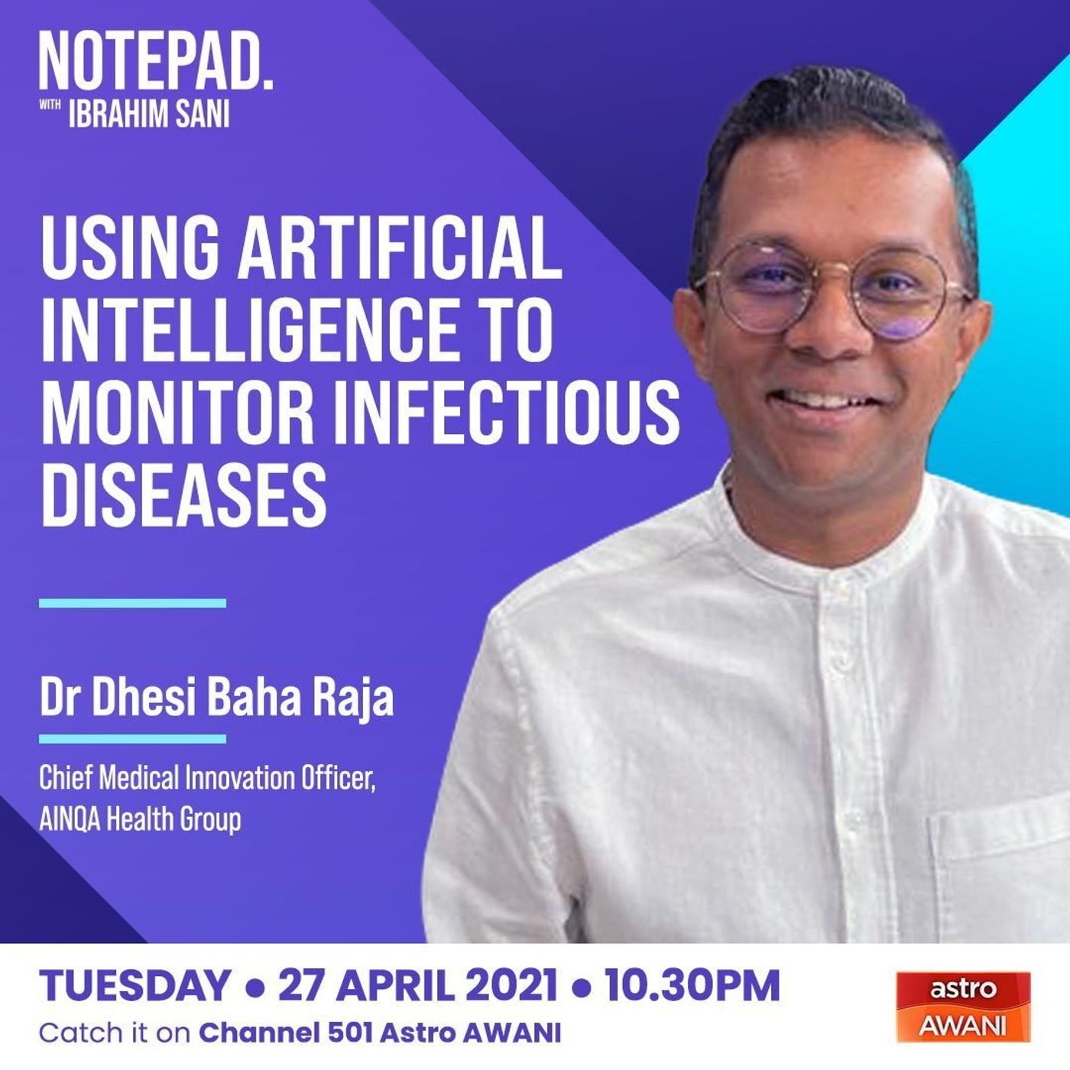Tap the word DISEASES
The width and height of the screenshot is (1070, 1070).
tap(183, 494)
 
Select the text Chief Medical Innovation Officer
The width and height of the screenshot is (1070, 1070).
tap(205, 780)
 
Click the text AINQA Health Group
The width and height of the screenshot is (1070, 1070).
tap(140, 820)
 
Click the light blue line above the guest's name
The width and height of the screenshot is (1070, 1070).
tap(133, 603)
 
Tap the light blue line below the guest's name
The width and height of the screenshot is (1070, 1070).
tap(133, 738)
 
